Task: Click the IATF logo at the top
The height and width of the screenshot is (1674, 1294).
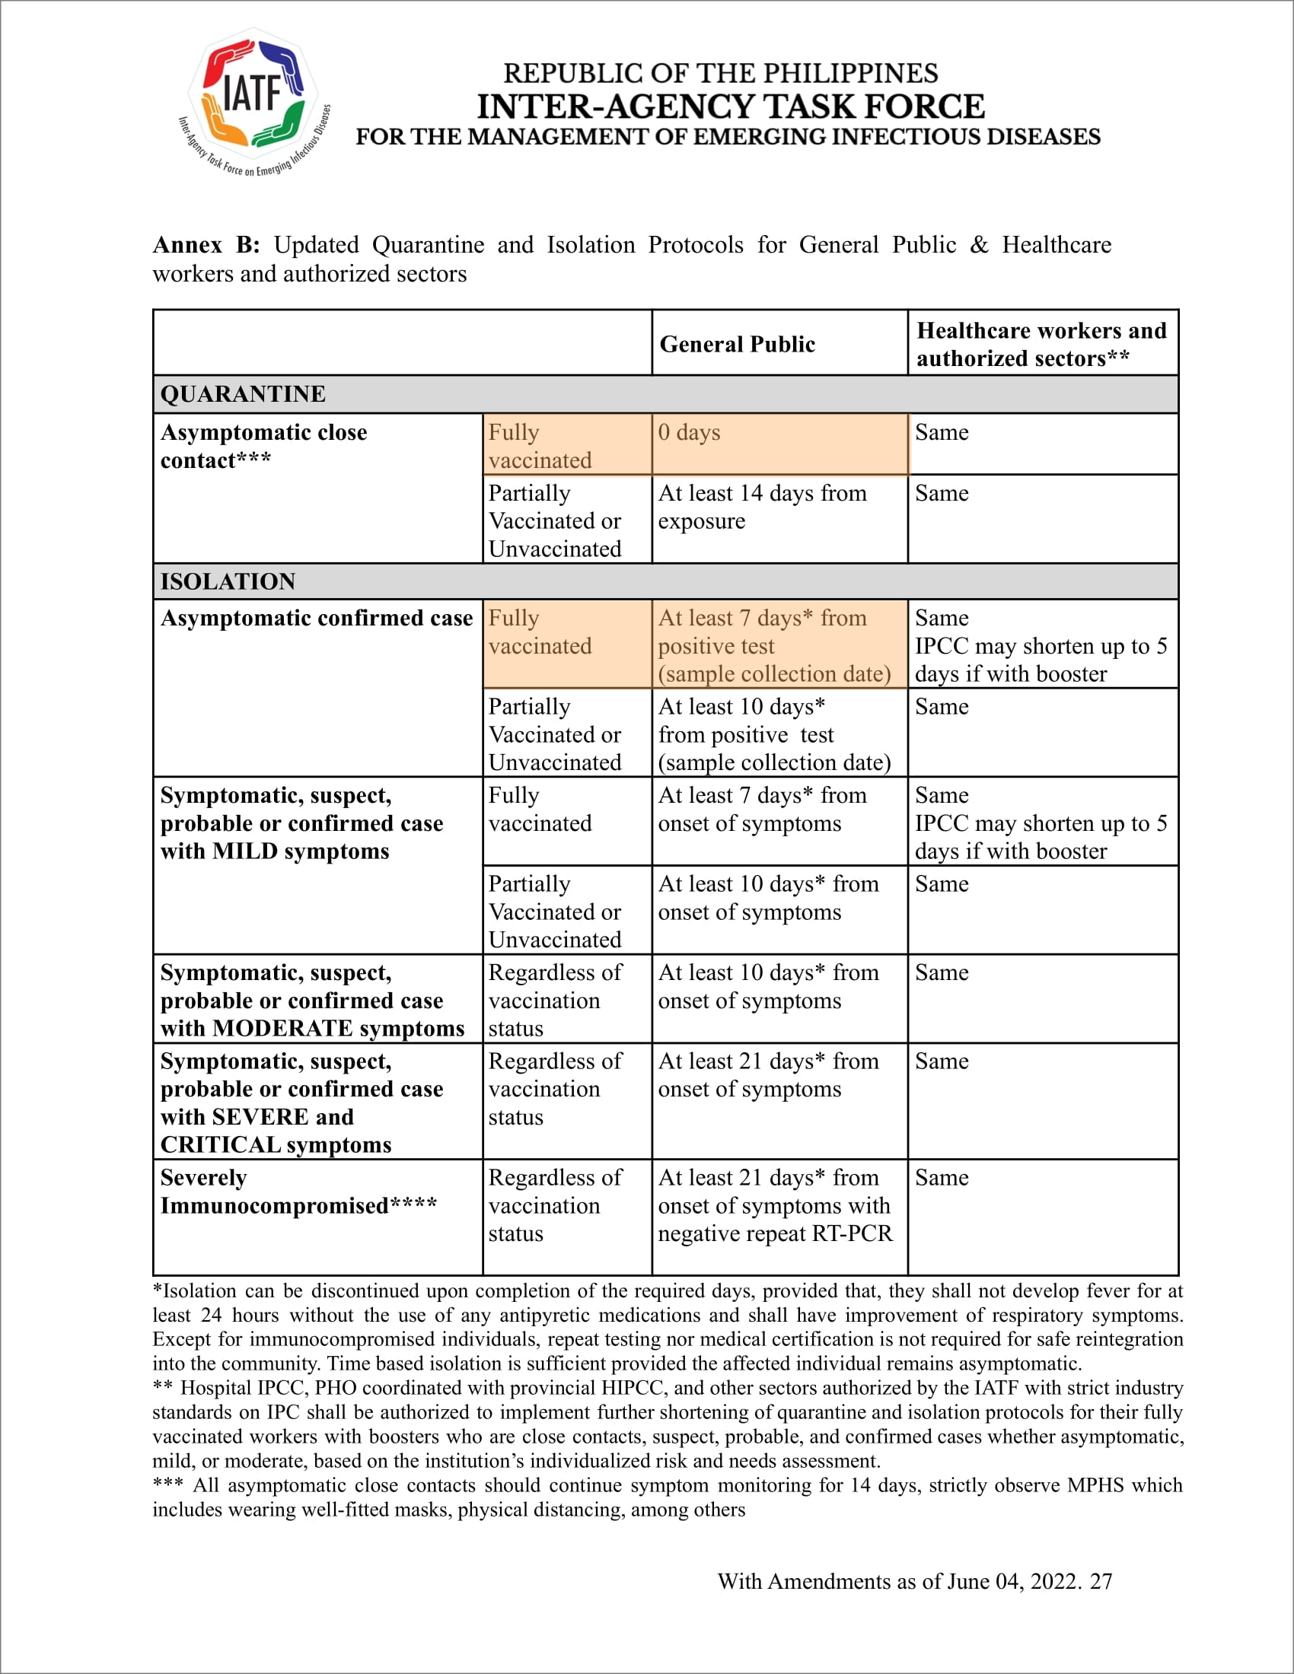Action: [x=253, y=100]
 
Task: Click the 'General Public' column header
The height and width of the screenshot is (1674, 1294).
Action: [x=737, y=344]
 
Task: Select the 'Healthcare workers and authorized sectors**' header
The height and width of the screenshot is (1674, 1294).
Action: [x=1041, y=344]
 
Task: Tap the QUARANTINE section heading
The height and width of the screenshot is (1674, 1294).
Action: [x=243, y=394]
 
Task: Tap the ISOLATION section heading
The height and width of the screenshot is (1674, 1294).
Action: [x=228, y=581]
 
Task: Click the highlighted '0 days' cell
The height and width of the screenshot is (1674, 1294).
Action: [x=689, y=432]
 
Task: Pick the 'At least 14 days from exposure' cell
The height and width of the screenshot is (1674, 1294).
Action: [x=762, y=507]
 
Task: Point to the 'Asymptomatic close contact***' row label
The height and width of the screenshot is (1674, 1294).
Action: [x=263, y=446]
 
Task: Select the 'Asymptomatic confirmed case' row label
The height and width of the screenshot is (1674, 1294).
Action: [x=316, y=618]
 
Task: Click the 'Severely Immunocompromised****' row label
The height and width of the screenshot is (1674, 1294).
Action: [x=298, y=1192]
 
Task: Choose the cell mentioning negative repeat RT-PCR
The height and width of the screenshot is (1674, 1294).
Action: [x=775, y=1206]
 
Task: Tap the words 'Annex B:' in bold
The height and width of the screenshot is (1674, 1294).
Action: [x=206, y=244]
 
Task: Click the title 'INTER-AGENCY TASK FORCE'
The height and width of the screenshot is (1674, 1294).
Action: [x=731, y=107]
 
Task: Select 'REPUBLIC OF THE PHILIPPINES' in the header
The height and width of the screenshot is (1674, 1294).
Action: [x=721, y=74]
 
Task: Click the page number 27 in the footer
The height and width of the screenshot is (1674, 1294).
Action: [x=1101, y=1581]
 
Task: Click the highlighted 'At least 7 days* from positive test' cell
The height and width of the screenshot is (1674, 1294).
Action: [x=774, y=645]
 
